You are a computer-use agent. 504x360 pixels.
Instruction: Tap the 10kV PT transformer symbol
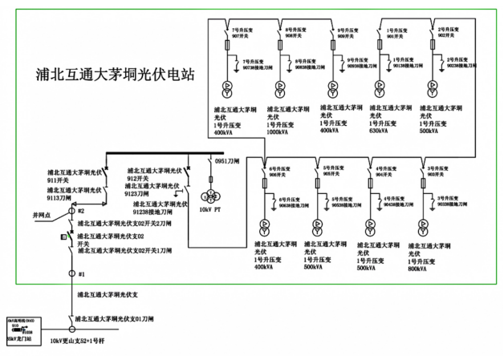click(x=213, y=198)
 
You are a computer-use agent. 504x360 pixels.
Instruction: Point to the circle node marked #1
click(x=71, y=275)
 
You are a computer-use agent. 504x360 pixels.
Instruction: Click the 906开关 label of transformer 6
click(x=278, y=174)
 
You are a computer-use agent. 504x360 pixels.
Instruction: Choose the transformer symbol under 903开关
click(x=421, y=224)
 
